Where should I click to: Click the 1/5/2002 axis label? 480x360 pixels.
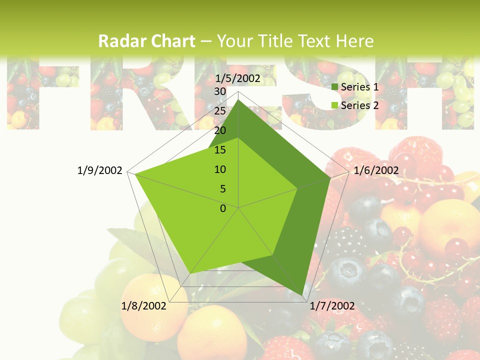tap(237, 78)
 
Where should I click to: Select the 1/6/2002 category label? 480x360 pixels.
tap(376, 170)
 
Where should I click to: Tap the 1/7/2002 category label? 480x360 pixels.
tap(332, 305)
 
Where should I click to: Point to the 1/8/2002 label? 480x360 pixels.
tap(144, 305)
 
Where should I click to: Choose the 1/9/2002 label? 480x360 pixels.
tap(100, 170)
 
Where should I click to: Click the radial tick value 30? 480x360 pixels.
tap(220, 91)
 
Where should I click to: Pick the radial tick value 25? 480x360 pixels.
tap(220, 111)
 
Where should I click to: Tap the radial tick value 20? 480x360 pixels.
tap(220, 130)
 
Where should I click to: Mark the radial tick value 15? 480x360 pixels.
tap(220, 150)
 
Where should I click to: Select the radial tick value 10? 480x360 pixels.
tap(220, 169)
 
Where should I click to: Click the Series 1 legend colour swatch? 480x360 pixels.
tap(335, 87)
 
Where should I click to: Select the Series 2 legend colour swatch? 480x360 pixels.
tap(335, 105)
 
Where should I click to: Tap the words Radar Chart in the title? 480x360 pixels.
tap(146, 41)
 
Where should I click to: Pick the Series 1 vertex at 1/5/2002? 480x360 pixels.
tap(238, 99)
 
